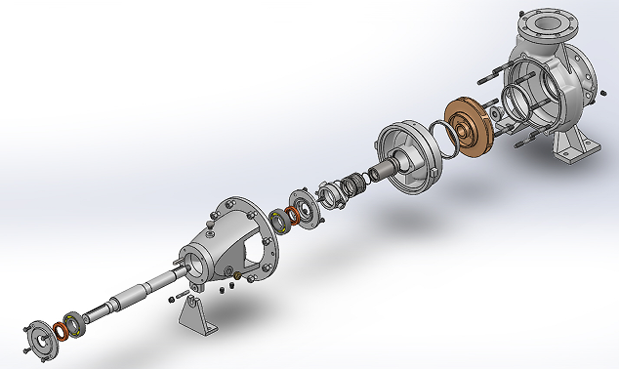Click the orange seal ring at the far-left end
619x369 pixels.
click(61, 329)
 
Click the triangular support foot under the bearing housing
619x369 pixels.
click(195, 317)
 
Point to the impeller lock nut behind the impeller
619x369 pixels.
click(499, 116)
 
